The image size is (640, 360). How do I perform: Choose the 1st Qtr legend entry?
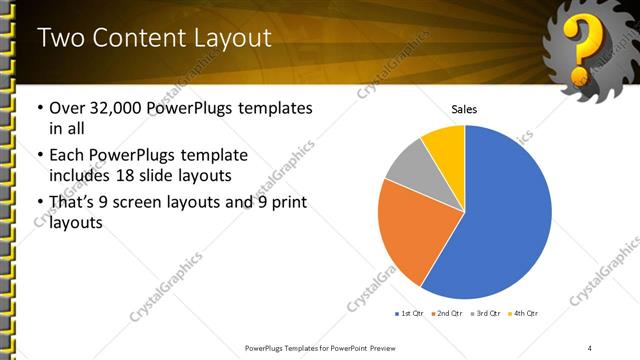point(409,314)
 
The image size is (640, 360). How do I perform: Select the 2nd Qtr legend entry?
point(447,314)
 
